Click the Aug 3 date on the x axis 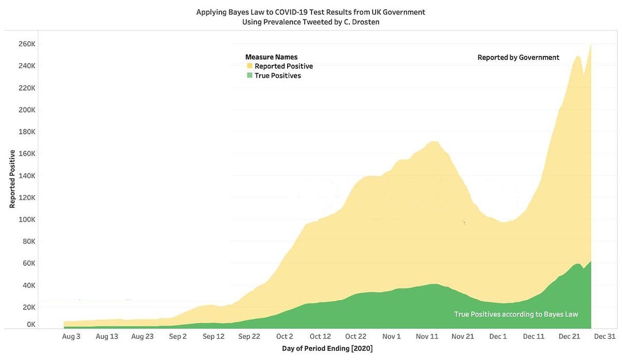[x=71, y=336]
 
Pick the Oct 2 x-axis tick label [x=285, y=336]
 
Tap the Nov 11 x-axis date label [x=427, y=336]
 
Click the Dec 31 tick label [x=604, y=336]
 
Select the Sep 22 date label [x=249, y=336]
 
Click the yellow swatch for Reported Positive [x=250, y=66]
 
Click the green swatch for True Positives [x=250, y=76]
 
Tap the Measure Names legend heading [x=271, y=57]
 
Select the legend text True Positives [x=278, y=76]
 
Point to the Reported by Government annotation [x=518, y=58]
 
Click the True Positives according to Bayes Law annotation [x=516, y=314]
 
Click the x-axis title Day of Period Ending [x=327, y=349]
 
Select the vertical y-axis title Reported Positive [x=12, y=178]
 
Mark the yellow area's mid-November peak [x=434, y=142]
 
